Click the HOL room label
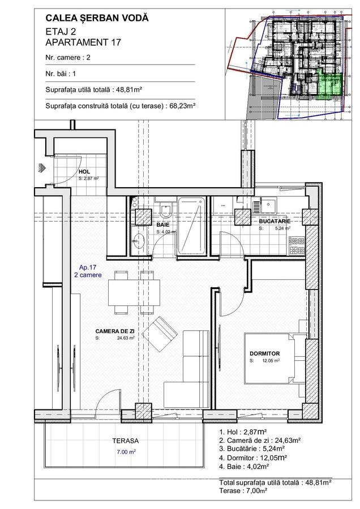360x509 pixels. pyautogui.click(x=84, y=171)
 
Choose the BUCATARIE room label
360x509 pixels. pyautogui.click(x=275, y=221)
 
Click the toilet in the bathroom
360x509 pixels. pyautogui.click(x=165, y=210)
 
